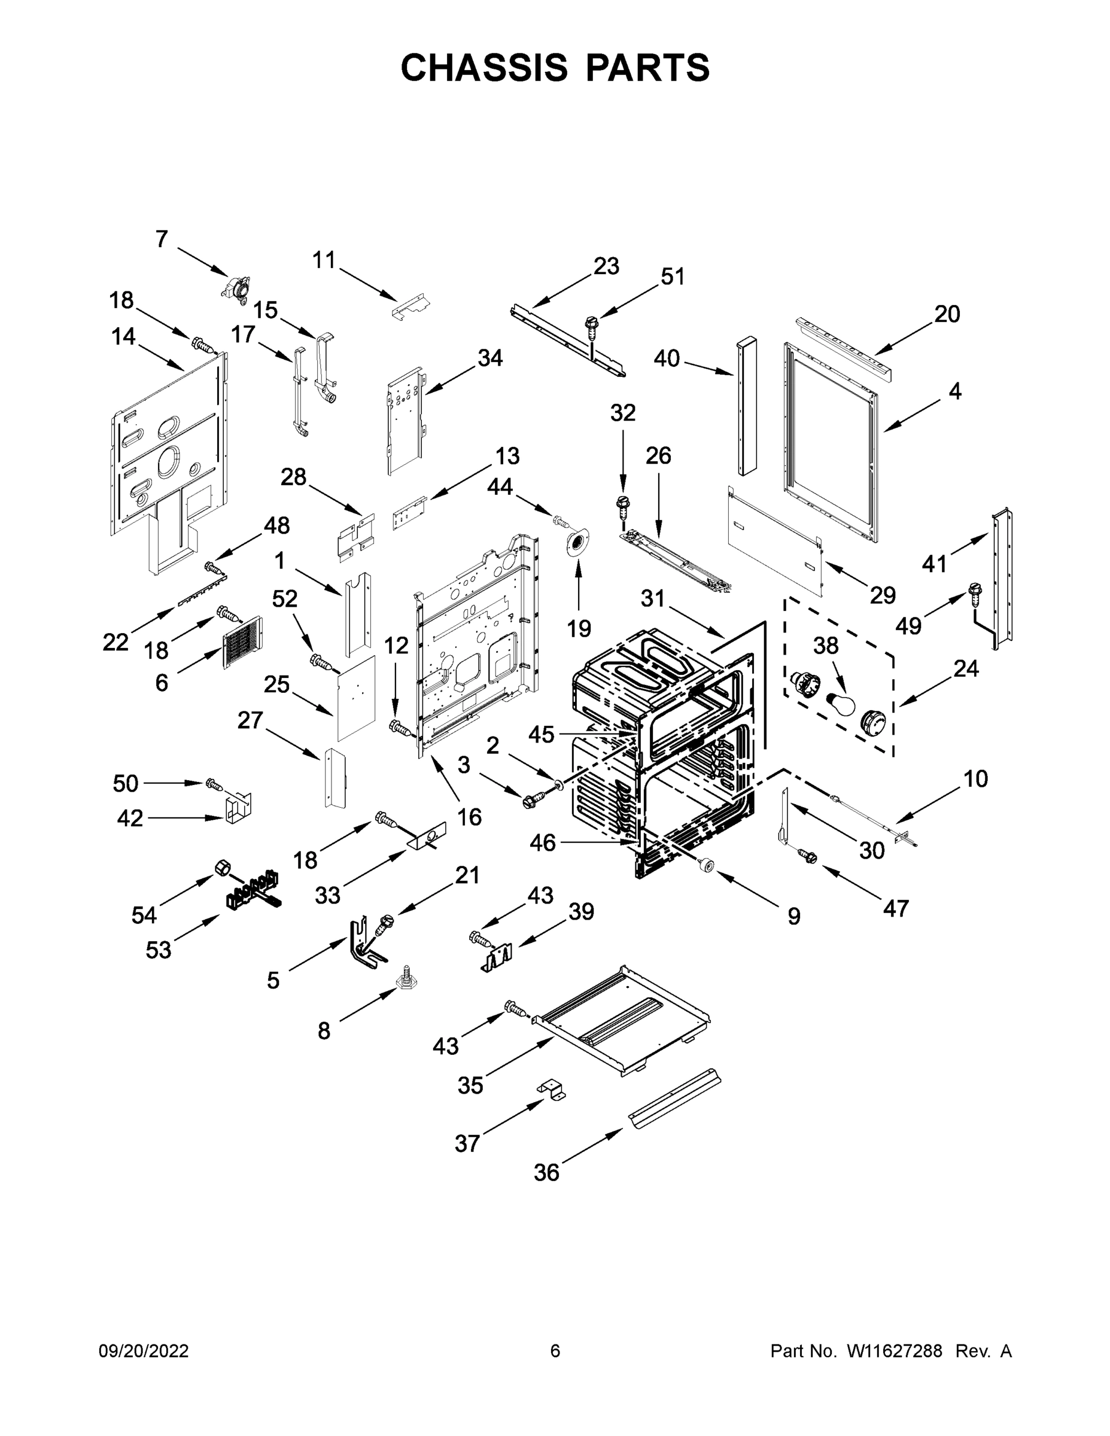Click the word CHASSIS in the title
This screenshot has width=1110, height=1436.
(x=484, y=67)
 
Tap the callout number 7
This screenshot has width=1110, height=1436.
(x=162, y=239)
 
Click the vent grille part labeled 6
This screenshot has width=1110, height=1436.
(x=242, y=643)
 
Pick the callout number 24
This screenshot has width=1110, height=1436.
(x=966, y=669)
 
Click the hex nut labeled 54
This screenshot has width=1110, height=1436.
(x=222, y=868)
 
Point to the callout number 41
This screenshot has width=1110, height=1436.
(x=933, y=564)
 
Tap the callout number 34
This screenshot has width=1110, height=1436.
(x=490, y=358)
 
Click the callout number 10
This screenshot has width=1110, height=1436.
(x=976, y=779)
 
